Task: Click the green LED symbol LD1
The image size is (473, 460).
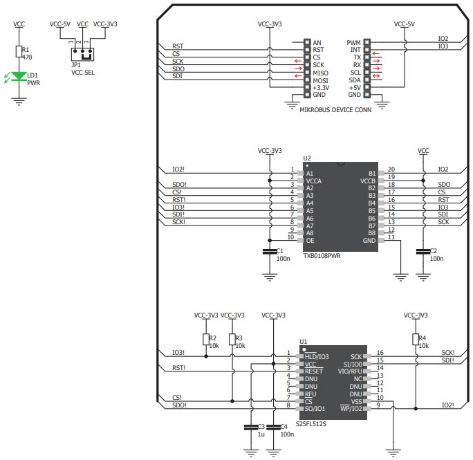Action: (19, 77)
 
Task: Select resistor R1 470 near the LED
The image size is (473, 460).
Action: (19, 51)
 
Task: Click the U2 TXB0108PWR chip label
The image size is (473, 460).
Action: (322, 255)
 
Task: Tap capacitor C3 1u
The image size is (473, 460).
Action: (250, 429)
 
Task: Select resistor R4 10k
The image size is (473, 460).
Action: (415, 339)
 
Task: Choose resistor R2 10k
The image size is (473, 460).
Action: (205, 339)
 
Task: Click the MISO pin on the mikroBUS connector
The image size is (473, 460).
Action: (319, 73)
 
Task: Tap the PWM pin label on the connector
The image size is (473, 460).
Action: (354, 42)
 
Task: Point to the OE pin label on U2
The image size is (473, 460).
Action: (310, 240)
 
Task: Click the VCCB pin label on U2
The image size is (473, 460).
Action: (367, 181)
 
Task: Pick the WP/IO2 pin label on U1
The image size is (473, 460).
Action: (351, 407)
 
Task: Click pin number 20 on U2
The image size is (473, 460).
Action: (391, 169)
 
